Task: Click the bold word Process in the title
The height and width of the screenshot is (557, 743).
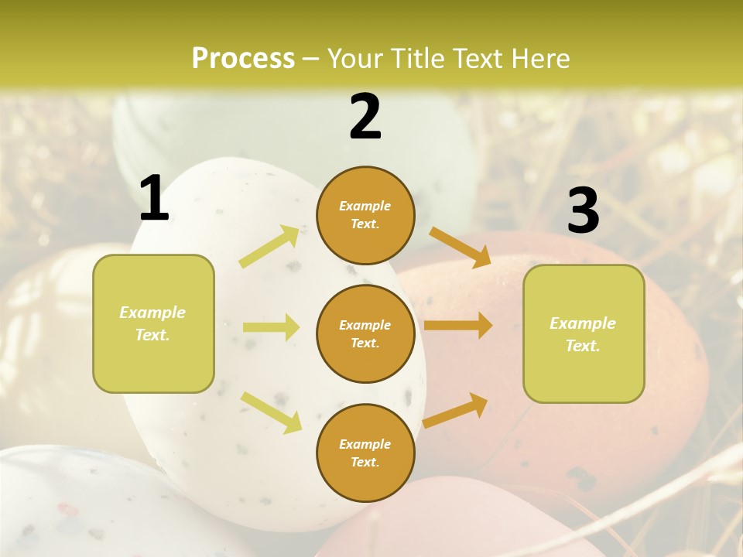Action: coord(243,59)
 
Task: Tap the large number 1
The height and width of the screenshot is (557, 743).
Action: coord(154,199)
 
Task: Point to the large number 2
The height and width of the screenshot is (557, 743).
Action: coord(365,117)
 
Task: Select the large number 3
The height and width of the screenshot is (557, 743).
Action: coord(583,210)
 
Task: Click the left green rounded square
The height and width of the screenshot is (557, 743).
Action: coord(153,323)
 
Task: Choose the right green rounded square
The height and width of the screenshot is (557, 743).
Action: coord(584,333)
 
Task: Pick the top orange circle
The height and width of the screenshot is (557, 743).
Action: coord(365,215)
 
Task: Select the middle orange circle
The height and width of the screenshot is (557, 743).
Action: coord(365,333)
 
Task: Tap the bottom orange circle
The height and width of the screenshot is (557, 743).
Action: coord(365,453)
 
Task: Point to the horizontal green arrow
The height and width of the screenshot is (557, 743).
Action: coord(270,327)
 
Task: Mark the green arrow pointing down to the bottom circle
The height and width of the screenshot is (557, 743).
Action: coord(271,412)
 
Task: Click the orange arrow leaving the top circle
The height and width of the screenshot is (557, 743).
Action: coord(460,247)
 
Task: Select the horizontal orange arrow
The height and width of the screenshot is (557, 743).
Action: coord(457,326)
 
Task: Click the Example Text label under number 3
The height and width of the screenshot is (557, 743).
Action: coord(583,334)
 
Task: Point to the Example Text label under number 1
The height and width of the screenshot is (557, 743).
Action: coord(152,323)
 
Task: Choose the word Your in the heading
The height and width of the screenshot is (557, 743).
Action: coord(357,59)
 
